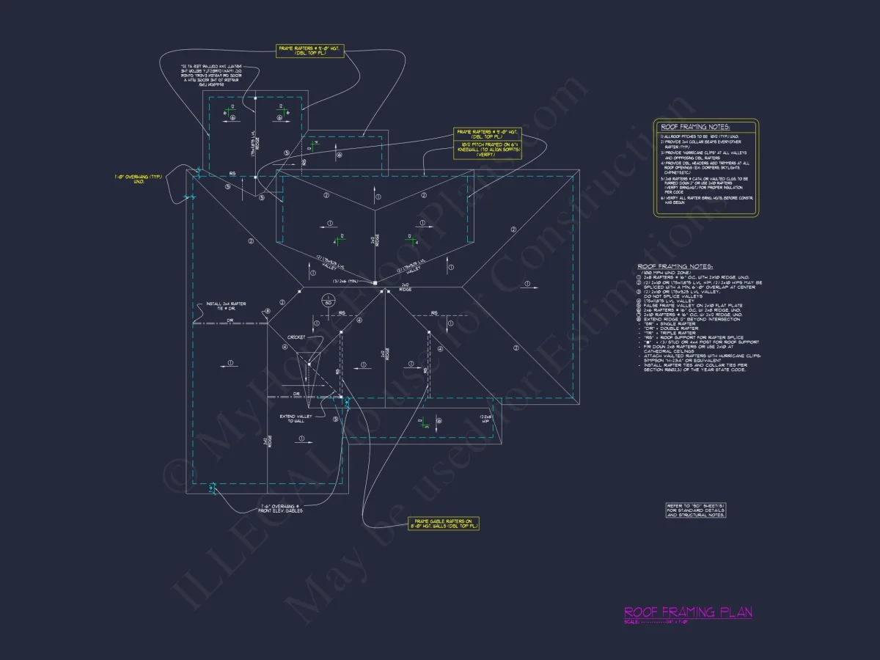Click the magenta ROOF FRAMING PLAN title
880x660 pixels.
click(x=687, y=612)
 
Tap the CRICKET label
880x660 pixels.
click(x=296, y=337)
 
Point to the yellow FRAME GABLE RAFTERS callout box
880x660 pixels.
click(x=444, y=523)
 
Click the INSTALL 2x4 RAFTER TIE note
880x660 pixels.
click(x=225, y=305)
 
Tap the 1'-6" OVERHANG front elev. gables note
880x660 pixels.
click(x=282, y=508)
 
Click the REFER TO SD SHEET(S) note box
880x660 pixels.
click(x=696, y=510)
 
